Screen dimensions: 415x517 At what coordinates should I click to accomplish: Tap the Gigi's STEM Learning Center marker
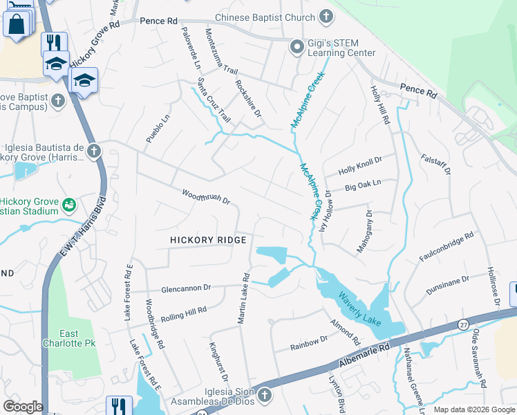coord(297,47)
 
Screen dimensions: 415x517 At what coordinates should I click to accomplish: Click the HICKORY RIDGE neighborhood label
coord(209,239)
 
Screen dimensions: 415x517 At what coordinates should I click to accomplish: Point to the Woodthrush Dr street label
coord(205,196)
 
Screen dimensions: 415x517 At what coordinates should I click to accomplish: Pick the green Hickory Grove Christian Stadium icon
coord(68,205)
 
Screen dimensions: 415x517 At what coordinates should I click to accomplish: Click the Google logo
coord(23,407)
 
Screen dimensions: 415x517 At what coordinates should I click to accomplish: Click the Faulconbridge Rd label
coord(446,247)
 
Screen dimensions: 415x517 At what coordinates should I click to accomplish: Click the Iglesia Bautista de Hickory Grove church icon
coord(93,151)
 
